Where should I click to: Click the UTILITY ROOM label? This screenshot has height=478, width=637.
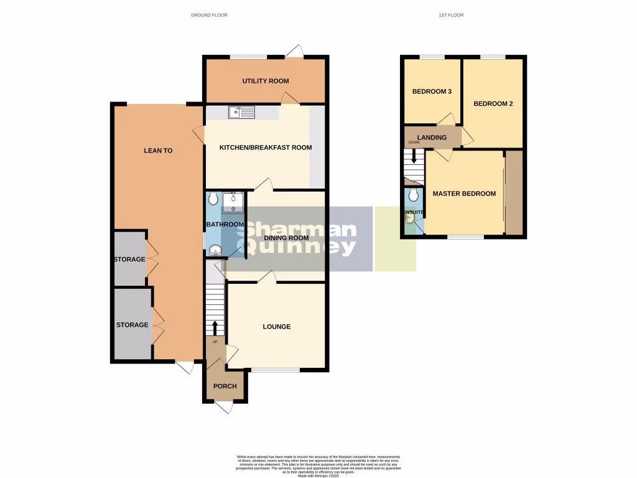(x=265, y=81)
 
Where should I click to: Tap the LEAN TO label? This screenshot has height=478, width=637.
(x=158, y=150)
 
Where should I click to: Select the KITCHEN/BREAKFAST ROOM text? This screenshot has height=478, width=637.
(x=265, y=148)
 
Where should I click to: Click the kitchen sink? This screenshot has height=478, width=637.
(x=241, y=113)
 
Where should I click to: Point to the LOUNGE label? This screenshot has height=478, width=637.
(x=276, y=327)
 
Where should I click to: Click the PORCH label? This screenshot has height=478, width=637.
(x=225, y=386)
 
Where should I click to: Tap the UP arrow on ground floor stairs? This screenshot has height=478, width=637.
(x=215, y=328)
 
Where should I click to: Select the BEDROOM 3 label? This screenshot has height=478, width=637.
(x=432, y=91)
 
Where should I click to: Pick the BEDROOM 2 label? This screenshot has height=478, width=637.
(x=493, y=104)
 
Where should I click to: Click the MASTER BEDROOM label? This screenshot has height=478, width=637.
(x=464, y=194)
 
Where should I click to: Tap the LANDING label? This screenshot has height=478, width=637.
(x=431, y=138)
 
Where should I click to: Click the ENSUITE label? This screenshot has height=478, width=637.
(x=414, y=212)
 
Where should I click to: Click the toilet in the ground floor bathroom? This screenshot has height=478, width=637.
(x=213, y=199)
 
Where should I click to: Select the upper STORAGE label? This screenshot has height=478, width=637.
(x=129, y=259)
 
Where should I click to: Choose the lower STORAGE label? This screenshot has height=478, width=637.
(x=132, y=325)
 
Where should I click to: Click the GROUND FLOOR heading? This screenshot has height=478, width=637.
(x=209, y=15)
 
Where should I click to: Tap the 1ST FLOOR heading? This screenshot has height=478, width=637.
(x=451, y=15)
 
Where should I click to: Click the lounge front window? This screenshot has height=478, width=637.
(x=275, y=371)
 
